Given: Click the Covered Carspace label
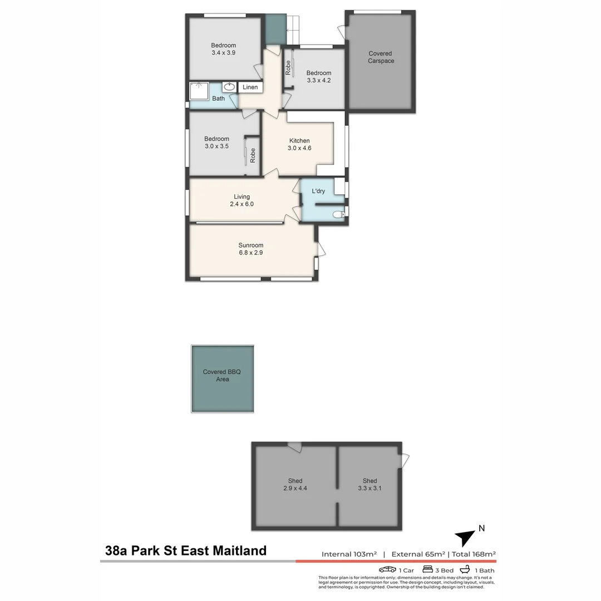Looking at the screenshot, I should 381,57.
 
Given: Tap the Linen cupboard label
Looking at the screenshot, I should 250,87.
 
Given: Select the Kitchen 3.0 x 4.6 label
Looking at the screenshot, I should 299,144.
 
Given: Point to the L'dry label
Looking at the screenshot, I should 318,191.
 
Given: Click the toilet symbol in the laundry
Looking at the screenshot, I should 337,214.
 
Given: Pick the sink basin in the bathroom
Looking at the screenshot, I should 229,87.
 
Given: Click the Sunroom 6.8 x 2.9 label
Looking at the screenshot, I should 250,249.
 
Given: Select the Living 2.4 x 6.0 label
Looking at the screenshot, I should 242,200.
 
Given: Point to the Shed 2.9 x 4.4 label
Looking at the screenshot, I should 295,485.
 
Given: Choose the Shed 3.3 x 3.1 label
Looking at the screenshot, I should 370,485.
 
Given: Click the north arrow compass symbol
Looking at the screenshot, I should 465,538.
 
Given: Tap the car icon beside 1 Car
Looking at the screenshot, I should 387,570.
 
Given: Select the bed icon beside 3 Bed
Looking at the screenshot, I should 428,570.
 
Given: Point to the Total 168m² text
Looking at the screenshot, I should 474,554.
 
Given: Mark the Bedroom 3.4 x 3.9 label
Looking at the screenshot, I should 223,49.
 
